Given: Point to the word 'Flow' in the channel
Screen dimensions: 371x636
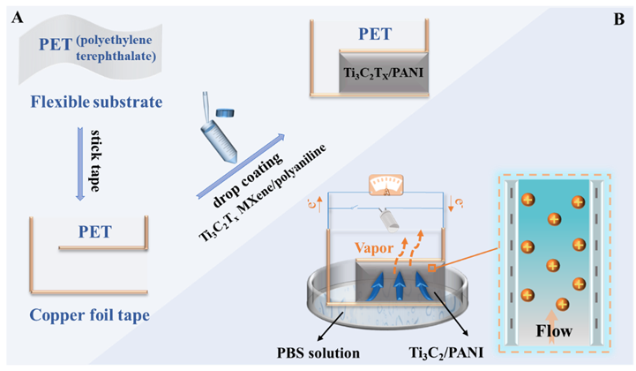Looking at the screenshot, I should (553, 333).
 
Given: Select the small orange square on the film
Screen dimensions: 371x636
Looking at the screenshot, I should (432, 267).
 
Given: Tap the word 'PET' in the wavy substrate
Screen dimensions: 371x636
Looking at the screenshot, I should (58, 43).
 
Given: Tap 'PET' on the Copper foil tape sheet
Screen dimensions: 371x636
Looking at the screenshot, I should (94, 232).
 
